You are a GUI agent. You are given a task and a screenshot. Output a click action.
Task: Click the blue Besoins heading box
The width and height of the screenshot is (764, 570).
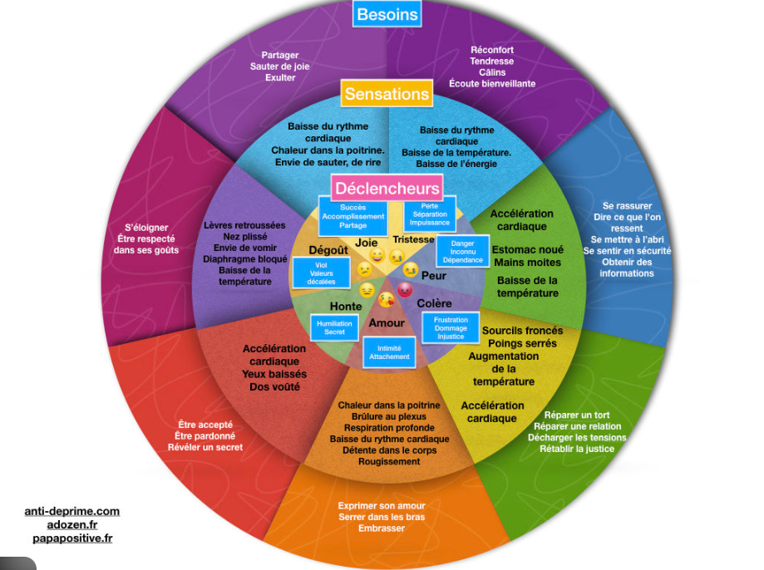click(x=387, y=14)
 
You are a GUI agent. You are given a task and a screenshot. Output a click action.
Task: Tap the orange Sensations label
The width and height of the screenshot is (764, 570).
click(x=387, y=94)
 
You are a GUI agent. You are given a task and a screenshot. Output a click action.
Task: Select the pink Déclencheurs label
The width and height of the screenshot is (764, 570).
click(x=387, y=189)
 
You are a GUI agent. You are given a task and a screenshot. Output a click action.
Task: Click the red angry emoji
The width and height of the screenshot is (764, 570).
click(x=405, y=290)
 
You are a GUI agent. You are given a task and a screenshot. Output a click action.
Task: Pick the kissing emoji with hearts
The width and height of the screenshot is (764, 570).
click(x=386, y=299)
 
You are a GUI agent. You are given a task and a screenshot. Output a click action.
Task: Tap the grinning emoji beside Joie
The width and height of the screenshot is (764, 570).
click(x=377, y=256)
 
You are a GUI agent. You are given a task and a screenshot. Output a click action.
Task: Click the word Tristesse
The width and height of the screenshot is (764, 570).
click(x=414, y=239)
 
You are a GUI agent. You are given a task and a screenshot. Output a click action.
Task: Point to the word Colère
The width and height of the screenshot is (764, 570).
click(x=434, y=303)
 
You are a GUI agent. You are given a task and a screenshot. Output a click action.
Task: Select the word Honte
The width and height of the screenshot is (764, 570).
click(x=346, y=307)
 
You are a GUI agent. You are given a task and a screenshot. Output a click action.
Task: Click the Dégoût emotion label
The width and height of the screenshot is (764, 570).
click(x=328, y=250)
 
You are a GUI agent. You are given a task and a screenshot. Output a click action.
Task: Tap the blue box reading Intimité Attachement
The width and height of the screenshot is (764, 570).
click(x=390, y=352)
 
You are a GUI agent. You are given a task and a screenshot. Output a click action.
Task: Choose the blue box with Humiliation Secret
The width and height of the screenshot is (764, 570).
click(x=334, y=327)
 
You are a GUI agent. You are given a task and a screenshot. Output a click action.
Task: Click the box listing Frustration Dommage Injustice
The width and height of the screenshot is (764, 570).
click(x=451, y=328)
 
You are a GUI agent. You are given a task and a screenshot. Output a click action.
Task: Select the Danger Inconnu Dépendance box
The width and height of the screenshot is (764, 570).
click(x=462, y=252)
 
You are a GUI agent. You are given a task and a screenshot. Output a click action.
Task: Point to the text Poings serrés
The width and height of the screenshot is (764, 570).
click(x=522, y=343)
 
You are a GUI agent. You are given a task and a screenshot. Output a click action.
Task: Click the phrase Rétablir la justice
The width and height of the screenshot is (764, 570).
click(x=577, y=449)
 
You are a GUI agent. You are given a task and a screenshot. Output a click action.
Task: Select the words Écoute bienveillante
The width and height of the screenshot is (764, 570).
click(x=492, y=84)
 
